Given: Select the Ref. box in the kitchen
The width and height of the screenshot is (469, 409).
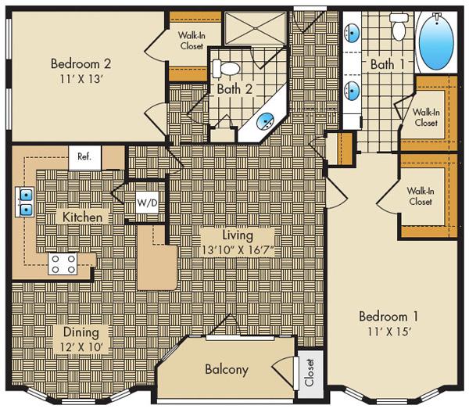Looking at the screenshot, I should (x=84, y=156).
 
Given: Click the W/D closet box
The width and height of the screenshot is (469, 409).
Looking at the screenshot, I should (x=147, y=203).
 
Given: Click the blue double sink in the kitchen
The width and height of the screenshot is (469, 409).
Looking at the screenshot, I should (x=25, y=202).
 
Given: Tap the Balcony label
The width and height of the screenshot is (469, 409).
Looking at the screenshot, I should (x=227, y=368).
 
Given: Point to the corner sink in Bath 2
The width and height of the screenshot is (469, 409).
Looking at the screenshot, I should (x=267, y=122).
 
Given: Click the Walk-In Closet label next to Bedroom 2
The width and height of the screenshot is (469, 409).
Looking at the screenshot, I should (x=192, y=39).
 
